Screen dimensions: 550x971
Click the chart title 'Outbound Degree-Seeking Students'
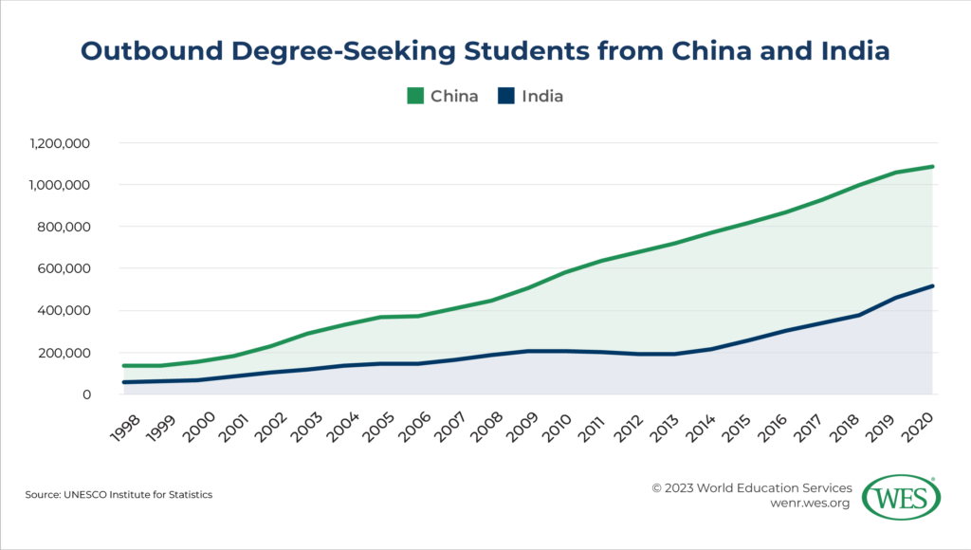click(485, 51)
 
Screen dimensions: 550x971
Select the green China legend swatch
click(415, 96)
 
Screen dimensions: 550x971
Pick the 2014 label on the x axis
click(702, 421)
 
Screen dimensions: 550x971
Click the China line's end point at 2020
click(933, 167)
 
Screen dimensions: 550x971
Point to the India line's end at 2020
click(933, 285)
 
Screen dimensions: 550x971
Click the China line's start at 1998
click(124, 365)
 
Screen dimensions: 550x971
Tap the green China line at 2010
click(565, 273)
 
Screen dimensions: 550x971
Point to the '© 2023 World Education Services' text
click(751, 487)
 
